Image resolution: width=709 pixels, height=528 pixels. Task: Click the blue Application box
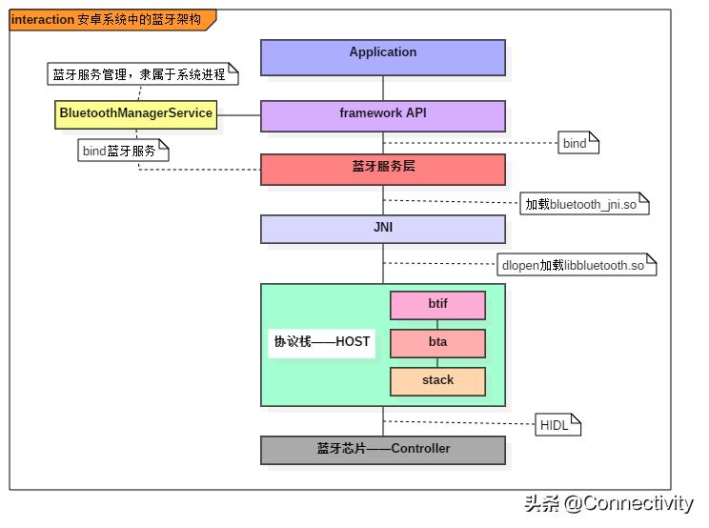point(382,57)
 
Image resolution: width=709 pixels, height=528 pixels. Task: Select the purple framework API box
point(382,115)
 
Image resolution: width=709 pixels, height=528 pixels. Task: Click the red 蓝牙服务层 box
point(382,169)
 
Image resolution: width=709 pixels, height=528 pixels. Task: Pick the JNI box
point(382,229)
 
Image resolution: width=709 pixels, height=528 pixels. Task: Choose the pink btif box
point(437,305)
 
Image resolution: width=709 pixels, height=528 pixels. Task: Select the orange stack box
point(437,381)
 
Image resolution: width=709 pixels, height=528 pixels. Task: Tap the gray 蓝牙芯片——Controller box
point(382,450)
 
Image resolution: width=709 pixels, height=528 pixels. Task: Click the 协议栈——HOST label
point(322,342)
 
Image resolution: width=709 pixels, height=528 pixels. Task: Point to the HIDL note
point(557,425)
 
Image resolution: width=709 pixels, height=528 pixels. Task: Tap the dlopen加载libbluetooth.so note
point(577,265)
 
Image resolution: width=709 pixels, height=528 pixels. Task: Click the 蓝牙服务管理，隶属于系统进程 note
point(141,72)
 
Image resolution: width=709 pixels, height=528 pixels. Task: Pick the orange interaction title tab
point(111,19)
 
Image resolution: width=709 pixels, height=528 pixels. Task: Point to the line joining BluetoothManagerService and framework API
point(239,115)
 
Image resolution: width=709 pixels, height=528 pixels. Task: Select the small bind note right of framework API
point(578,143)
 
